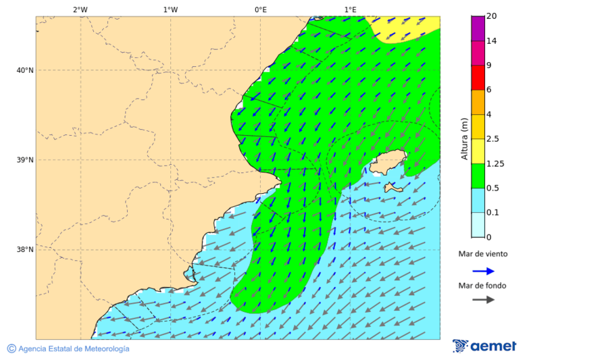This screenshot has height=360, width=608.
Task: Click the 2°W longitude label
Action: coord(80,9)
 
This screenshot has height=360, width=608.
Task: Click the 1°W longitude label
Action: coord(170,9)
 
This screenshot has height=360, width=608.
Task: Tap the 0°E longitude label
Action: coord(260,9)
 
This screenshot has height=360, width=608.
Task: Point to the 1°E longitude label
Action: coord(350,9)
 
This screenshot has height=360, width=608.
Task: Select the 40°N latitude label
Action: coord(25,70)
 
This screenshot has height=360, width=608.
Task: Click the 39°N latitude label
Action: coord(25,160)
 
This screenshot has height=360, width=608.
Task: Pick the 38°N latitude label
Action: coord(25,250)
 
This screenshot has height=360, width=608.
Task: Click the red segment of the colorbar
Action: coord(478,78)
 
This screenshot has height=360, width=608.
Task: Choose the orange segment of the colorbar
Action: coord(478,102)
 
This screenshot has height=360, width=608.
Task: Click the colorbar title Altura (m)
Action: coord(464,138)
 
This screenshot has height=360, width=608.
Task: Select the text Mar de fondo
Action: coord(482,286)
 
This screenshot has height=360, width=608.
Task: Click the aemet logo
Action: coord(484,346)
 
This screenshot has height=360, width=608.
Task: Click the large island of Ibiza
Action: coord(388,163)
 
